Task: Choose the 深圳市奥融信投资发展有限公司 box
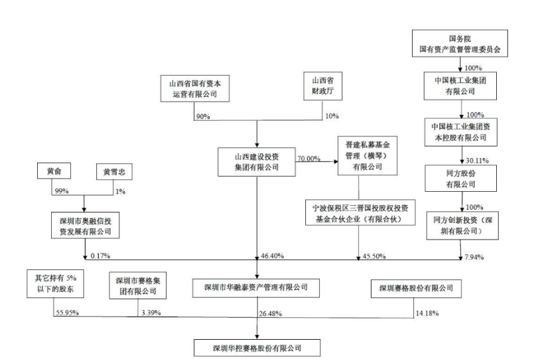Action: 86,226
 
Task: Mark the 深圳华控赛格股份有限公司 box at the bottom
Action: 257,346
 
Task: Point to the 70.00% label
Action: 309,159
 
